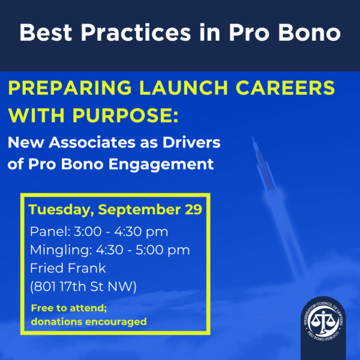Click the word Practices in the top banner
(136, 32)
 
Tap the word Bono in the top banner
(309, 32)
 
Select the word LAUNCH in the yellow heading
(184, 88)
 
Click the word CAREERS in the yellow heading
(286, 88)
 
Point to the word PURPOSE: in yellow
(125, 115)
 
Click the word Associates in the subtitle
(92, 142)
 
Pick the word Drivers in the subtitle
(191, 142)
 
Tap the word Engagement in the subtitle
(161, 164)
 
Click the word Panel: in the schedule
(50, 232)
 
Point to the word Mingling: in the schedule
(61, 250)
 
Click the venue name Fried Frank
(68, 268)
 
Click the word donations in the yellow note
(57, 322)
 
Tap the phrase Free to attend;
(69, 308)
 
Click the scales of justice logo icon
(323, 321)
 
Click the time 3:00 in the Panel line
(88, 232)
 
